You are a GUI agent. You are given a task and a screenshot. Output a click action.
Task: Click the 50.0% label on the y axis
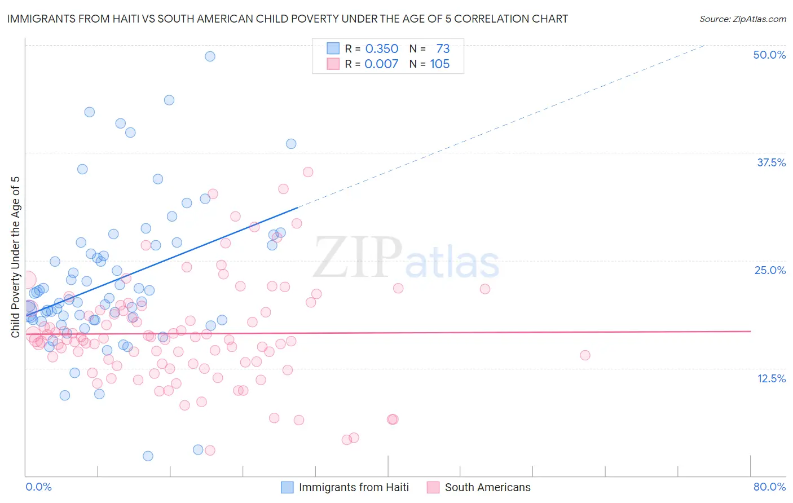click(769, 55)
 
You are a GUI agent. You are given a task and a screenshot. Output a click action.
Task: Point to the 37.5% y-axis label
click(771, 162)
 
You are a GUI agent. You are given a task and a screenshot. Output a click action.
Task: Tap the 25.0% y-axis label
click(770, 270)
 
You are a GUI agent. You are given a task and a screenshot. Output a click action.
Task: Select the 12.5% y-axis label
click(771, 378)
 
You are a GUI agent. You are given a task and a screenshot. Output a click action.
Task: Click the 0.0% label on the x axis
click(38, 487)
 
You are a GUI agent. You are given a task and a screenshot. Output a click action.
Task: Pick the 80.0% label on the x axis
click(769, 487)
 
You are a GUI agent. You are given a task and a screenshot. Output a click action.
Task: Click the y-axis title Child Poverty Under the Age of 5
click(15, 257)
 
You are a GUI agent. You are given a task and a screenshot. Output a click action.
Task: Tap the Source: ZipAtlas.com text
click(742, 19)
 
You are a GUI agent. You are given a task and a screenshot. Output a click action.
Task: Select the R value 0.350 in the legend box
click(381, 48)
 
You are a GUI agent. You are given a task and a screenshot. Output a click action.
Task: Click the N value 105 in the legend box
click(439, 64)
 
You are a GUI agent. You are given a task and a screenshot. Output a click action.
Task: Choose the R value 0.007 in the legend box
click(381, 64)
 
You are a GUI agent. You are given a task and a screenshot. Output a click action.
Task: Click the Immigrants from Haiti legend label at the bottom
click(354, 487)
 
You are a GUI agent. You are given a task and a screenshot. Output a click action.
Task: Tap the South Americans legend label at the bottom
click(487, 487)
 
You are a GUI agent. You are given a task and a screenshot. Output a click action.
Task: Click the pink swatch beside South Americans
click(433, 487)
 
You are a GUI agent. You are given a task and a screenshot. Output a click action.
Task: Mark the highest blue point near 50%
click(210, 56)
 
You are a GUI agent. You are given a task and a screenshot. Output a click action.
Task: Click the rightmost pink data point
click(585, 355)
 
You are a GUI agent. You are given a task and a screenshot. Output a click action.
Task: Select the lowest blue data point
click(148, 456)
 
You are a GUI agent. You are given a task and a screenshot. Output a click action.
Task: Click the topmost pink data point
click(308, 172)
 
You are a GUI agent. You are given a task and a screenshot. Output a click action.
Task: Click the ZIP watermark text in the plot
click(358, 257)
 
